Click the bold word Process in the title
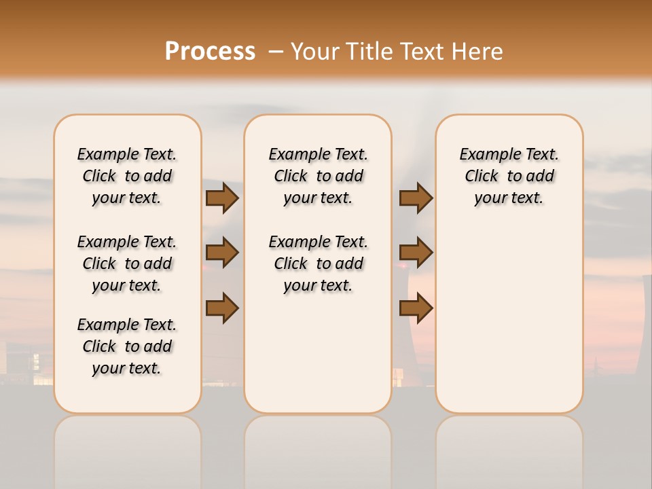tap(210, 51)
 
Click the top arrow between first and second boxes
tap(222, 198)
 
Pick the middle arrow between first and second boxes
tap(222, 253)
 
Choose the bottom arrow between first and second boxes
tap(222, 308)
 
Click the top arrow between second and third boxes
tap(416, 198)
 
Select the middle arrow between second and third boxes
tap(416, 253)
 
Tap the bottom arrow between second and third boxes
tap(416, 308)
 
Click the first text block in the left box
tap(127, 176)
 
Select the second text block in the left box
tap(127, 264)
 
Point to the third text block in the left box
tap(127, 346)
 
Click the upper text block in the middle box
tap(318, 176)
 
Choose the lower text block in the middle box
tap(318, 264)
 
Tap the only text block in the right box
tap(509, 176)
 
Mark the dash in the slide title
tap(275, 51)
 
